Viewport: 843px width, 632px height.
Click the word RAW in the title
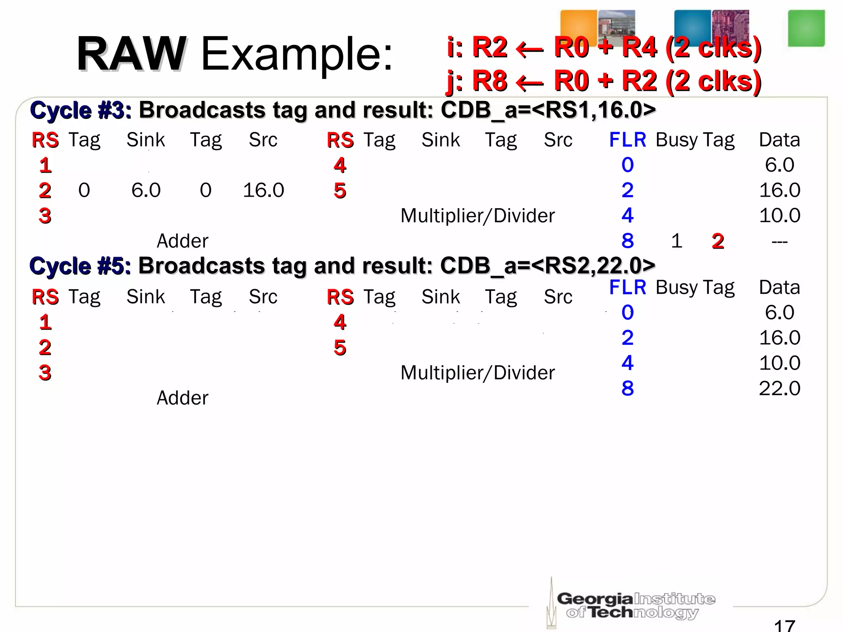pyautogui.click(x=131, y=54)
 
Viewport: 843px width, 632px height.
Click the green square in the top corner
pyautogui.click(x=806, y=28)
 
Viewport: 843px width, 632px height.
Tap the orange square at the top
pyautogui.click(x=578, y=27)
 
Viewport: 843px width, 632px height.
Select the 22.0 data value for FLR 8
pyautogui.click(x=779, y=388)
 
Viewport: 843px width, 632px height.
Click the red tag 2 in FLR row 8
pyautogui.click(x=717, y=241)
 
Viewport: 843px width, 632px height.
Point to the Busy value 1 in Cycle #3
pyautogui.click(x=676, y=241)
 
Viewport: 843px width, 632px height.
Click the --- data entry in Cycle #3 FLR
pyautogui.click(x=779, y=242)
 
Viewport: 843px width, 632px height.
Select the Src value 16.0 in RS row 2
pyautogui.click(x=263, y=190)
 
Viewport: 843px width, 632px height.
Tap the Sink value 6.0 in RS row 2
pyautogui.click(x=146, y=190)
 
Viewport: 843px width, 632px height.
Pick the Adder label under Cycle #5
pyautogui.click(x=182, y=398)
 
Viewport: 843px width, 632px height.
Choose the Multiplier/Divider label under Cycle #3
pyautogui.click(x=477, y=216)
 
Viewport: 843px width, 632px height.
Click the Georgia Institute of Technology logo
pyautogui.click(x=634, y=605)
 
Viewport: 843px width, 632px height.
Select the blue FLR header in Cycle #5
pyautogui.click(x=627, y=287)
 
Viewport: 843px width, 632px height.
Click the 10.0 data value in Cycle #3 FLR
pyautogui.click(x=779, y=215)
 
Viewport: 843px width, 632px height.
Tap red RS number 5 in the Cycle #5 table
pyautogui.click(x=340, y=348)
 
